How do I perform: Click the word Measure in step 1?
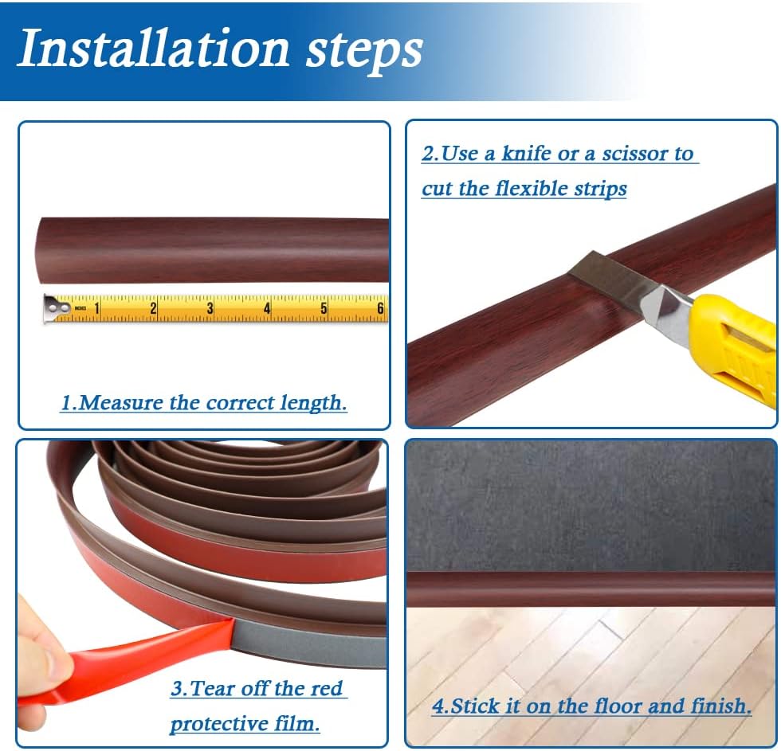(130, 403)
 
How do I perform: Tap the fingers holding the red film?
(36, 653)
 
